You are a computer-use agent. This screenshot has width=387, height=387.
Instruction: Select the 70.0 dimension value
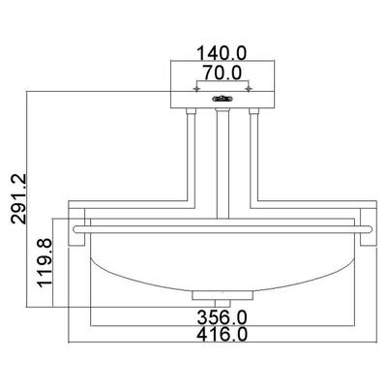click(222, 73)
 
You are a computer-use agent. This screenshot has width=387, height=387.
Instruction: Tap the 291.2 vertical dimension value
click(18, 198)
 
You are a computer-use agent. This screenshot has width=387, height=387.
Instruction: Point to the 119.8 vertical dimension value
click(45, 262)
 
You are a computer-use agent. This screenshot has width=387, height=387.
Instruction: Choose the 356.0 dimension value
click(222, 317)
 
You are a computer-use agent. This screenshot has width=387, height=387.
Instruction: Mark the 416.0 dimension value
click(223, 335)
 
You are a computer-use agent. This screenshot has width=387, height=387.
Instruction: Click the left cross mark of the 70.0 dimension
click(196, 88)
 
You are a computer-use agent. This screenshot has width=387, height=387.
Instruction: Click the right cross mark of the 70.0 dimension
click(249, 88)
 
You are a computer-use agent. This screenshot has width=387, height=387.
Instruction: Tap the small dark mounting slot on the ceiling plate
click(223, 99)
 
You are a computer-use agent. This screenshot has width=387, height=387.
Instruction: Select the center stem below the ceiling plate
click(223, 164)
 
